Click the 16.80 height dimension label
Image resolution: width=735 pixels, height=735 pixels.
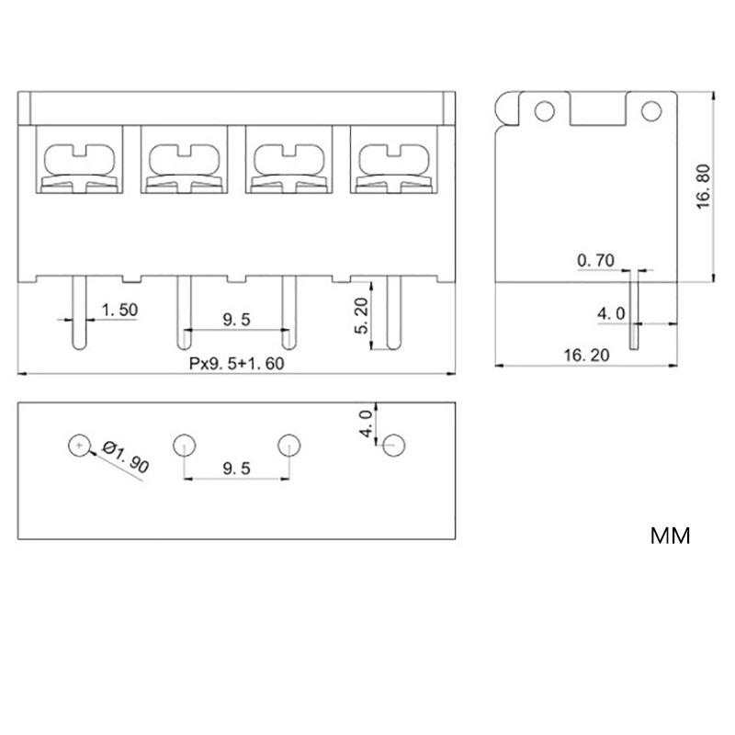(x=703, y=187)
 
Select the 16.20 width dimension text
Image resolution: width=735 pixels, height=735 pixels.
(x=586, y=356)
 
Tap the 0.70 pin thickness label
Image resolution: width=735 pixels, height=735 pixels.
(x=595, y=260)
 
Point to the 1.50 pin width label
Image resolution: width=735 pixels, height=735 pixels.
(x=119, y=310)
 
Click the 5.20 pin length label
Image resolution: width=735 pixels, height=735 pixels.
(x=361, y=316)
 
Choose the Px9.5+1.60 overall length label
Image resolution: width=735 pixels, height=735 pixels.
(x=237, y=364)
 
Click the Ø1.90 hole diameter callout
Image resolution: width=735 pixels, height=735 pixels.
(x=126, y=456)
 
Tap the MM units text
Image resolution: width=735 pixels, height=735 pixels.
(x=671, y=536)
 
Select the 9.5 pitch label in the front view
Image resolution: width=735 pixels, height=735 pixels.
(x=237, y=320)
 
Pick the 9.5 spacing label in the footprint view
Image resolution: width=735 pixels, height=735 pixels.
(x=237, y=469)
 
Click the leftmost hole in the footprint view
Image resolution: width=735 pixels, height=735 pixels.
(x=79, y=446)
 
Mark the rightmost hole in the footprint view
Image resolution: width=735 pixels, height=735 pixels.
(x=394, y=446)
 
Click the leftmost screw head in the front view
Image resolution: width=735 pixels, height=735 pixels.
(x=79, y=168)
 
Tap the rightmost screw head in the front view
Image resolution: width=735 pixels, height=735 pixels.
(x=394, y=168)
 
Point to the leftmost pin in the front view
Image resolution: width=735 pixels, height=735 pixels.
(x=79, y=312)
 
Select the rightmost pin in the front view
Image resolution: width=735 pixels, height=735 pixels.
(x=394, y=312)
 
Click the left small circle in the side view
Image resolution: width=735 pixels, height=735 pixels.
(x=544, y=111)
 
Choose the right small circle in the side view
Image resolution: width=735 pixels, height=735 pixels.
(x=651, y=111)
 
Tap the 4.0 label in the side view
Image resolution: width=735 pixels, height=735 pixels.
(x=611, y=313)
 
